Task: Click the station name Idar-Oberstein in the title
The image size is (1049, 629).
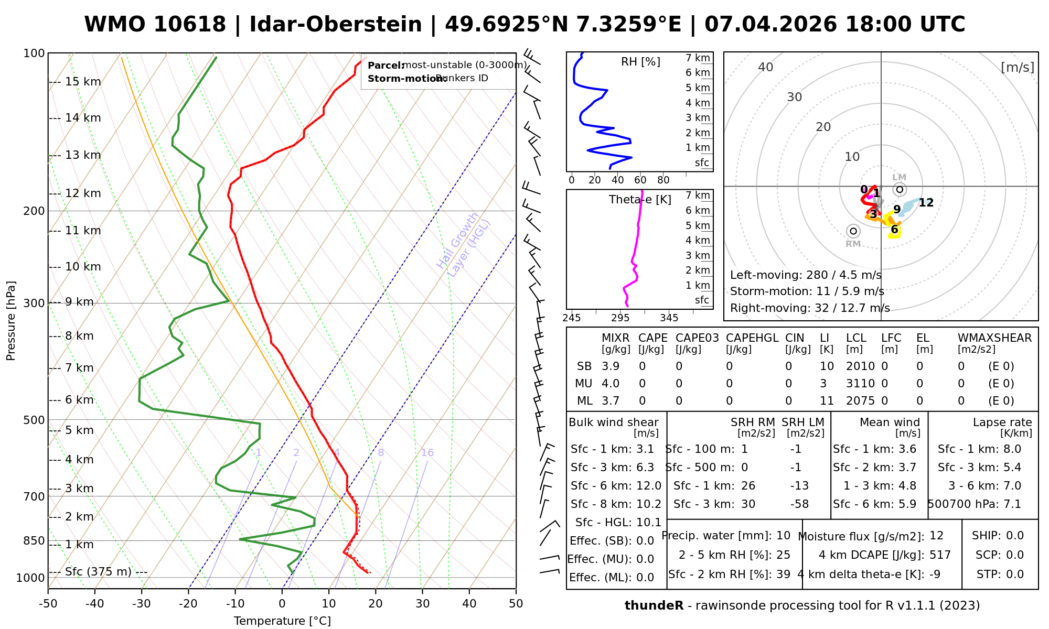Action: click(335, 25)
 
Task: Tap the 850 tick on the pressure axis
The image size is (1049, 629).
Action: click(34, 540)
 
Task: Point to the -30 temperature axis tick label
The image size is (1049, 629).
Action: click(142, 604)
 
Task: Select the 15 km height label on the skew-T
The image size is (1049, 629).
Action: click(83, 82)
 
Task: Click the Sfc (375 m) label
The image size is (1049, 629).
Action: click(98, 572)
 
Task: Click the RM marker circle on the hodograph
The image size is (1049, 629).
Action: click(853, 231)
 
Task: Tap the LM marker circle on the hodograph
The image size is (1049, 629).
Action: click(900, 189)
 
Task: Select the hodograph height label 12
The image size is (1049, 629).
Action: click(926, 203)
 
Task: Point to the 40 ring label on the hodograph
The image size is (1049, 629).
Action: click(766, 67)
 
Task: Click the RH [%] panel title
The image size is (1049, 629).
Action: click(640, 62)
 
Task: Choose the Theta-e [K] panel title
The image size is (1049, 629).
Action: click(640, 200)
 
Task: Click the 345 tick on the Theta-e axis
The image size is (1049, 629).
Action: click(669, 318)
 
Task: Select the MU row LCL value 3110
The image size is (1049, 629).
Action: click(860, 384)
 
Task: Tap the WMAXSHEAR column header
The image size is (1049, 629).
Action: click(994, 338)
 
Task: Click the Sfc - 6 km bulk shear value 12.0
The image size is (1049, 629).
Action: click(648, 486)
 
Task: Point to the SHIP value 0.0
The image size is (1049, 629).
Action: click(1015, 536)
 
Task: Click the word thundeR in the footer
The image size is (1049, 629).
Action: click(654, 606)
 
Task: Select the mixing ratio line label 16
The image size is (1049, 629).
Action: click(427, 453)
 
